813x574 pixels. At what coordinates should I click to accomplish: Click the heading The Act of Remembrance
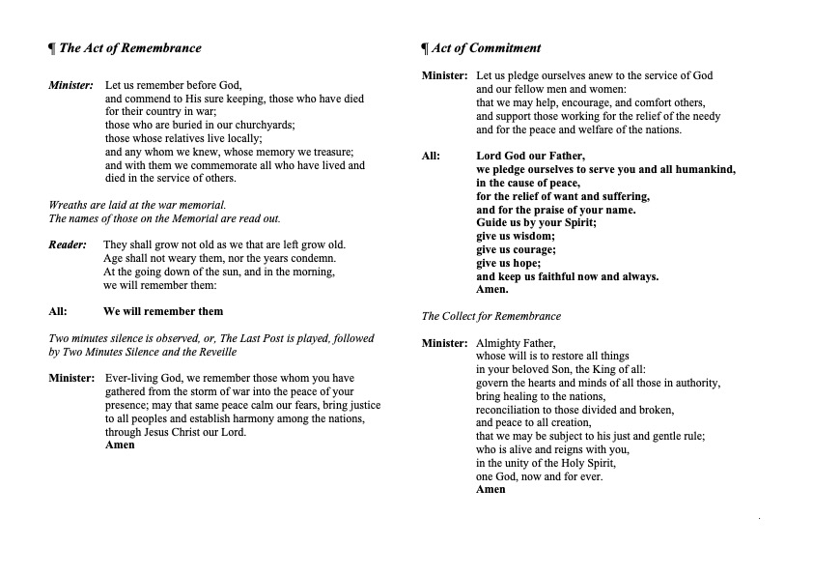(x=130, y=48)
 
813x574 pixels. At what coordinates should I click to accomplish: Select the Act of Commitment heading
(x=486, y=48)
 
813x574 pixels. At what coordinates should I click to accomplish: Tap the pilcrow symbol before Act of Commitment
(x=425, y=48)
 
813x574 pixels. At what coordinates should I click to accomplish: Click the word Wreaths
(x=69, y=205)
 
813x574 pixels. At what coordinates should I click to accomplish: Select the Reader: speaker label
(x=69, y=244)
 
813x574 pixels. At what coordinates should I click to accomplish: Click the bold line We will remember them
(x=163, y=311)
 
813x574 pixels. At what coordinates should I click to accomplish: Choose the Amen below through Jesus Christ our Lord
(x=121, y=445)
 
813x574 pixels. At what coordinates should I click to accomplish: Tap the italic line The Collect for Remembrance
(x=491, y=316)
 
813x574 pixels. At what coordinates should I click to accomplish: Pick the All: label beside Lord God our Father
(x=434, y=156)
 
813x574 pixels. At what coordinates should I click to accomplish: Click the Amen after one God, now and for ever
(x=491, y=489)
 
